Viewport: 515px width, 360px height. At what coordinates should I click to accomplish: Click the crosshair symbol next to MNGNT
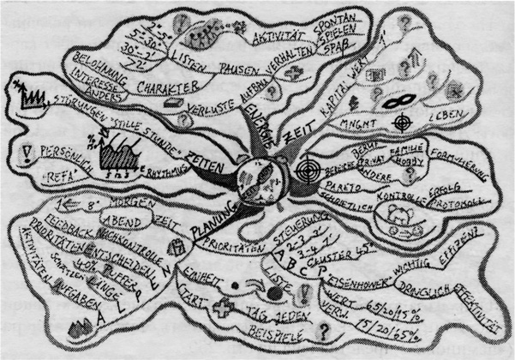pyautogui.click(x=399, y=123)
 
